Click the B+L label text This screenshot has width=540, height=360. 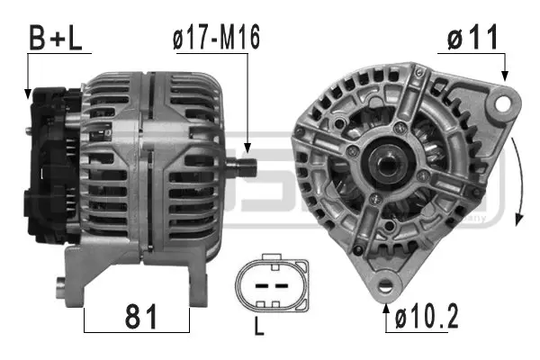click(x=57, y=37)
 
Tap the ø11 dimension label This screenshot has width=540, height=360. click(x=471, y=38)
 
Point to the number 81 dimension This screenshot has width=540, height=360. click(x=138, y=317)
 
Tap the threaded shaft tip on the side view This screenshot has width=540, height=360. click(x=249, y=166)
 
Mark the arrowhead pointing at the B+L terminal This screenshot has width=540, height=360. click(x=29, y=92)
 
